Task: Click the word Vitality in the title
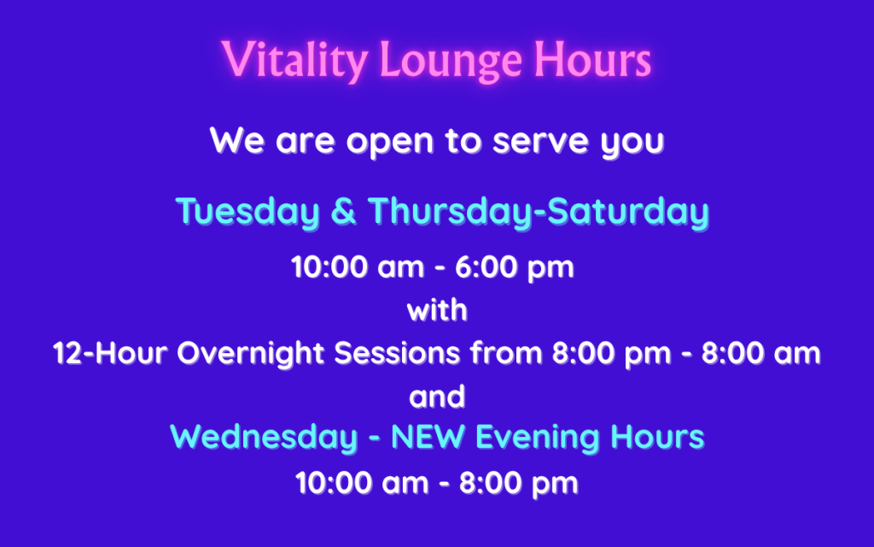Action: coord(294,60)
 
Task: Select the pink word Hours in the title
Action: coord(592,59)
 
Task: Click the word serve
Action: coord(540,142)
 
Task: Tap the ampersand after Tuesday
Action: coord(343,212)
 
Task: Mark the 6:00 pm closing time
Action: coord(515,268)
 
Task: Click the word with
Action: coord(437,309)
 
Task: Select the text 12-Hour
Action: coord(110,353)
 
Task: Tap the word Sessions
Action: coord(397,353)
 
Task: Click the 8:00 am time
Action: coord(760,353)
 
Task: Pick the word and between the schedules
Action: coord(437,397)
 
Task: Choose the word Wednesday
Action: coord(264,437)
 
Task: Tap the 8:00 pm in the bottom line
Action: coord(518,484)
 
